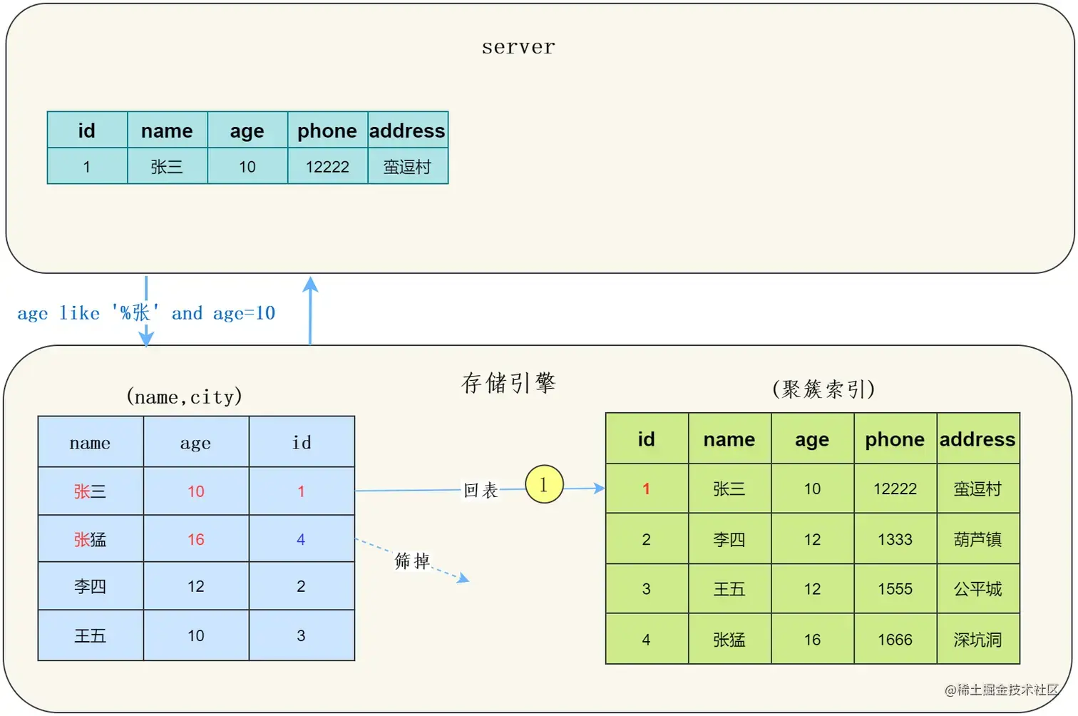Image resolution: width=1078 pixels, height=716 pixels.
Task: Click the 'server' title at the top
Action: tap(518, 47)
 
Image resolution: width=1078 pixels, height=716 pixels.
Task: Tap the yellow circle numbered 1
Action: tap(544, 484)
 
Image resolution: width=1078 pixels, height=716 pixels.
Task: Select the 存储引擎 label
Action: tap(508, 383)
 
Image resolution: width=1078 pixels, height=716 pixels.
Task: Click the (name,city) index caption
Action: tap(184, 397)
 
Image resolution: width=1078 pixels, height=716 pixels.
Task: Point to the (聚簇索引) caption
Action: tap(823, 389)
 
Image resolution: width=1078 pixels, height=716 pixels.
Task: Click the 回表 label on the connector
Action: tap(481, 490)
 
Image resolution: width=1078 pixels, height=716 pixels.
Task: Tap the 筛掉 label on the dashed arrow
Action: tap(412, 561)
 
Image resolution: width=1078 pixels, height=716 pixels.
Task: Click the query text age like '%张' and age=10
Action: tap(146, 313)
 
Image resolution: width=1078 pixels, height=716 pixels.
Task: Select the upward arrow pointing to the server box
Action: tap(310, 310)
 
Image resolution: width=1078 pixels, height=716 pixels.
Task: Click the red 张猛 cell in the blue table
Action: tap(90, 539)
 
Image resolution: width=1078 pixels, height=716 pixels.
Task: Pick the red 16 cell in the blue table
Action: tap(196, 539)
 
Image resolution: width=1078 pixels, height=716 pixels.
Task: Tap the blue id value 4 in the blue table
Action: tap(301, 539)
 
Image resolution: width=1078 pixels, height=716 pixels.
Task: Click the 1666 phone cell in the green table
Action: tap(895, 640)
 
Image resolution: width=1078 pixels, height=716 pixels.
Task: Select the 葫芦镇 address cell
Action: tap(977, 539)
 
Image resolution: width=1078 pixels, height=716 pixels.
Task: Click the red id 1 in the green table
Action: tap(646, 489)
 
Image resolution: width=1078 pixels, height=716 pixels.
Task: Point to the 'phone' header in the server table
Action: tap(327, 131)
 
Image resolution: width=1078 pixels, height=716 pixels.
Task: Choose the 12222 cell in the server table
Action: tap(327, 167)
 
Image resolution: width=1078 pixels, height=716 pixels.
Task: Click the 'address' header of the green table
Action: tap(977, 439)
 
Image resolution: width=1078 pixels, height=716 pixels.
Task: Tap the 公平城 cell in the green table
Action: tap(977, 589)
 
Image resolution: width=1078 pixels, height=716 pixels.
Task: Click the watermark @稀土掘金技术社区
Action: tap(1002, 690)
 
